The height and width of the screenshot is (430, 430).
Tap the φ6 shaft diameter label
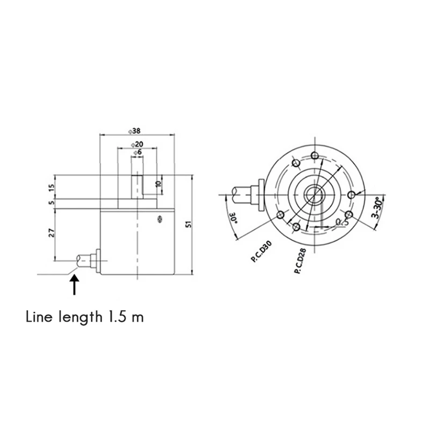[x=137, y=153]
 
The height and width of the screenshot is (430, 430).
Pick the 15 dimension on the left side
[x=52, y=188]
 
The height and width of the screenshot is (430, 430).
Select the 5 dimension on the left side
[x=52, y=202]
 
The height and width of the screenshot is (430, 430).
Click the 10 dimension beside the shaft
[x=157, y=183]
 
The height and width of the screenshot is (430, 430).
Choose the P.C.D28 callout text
[x=301, y=262]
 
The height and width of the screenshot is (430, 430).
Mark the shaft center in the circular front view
[x=313, y=194]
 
